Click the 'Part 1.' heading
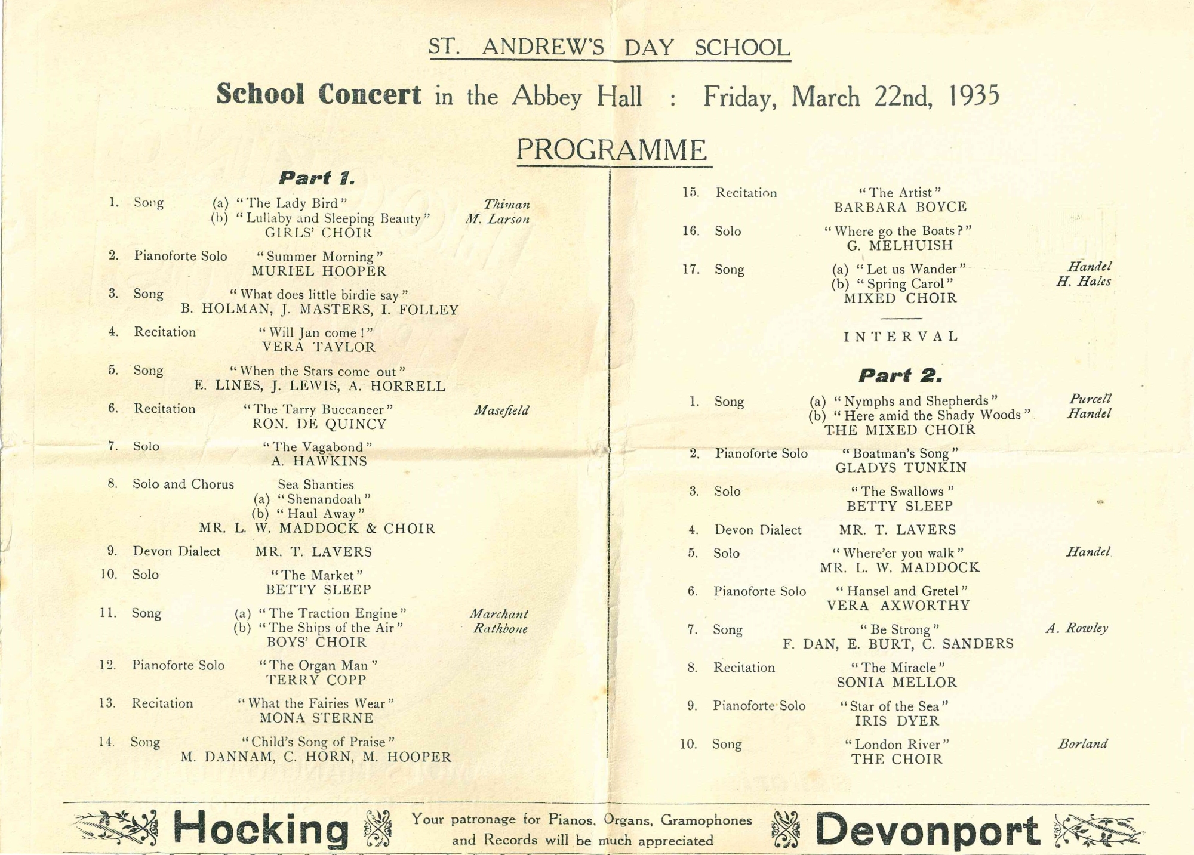point(317,178)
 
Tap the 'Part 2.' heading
point(900,375)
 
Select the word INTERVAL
point(901,337)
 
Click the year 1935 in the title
point(974,96)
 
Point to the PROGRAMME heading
point(612,150)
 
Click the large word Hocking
point(261,829)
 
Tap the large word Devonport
point(927,830)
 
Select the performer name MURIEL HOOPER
point(319,271)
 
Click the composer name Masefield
point(501,410)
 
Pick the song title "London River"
point(897,745)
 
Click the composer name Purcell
point(1090,399)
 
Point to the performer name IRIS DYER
point(897,721)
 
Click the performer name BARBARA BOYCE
point(900,207)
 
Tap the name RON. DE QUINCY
point(319,424)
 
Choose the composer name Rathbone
point(500,628)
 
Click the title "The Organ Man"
point(318,665)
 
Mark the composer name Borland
point(1083,744)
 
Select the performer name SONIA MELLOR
point(897,683)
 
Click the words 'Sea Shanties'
point(316,485)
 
